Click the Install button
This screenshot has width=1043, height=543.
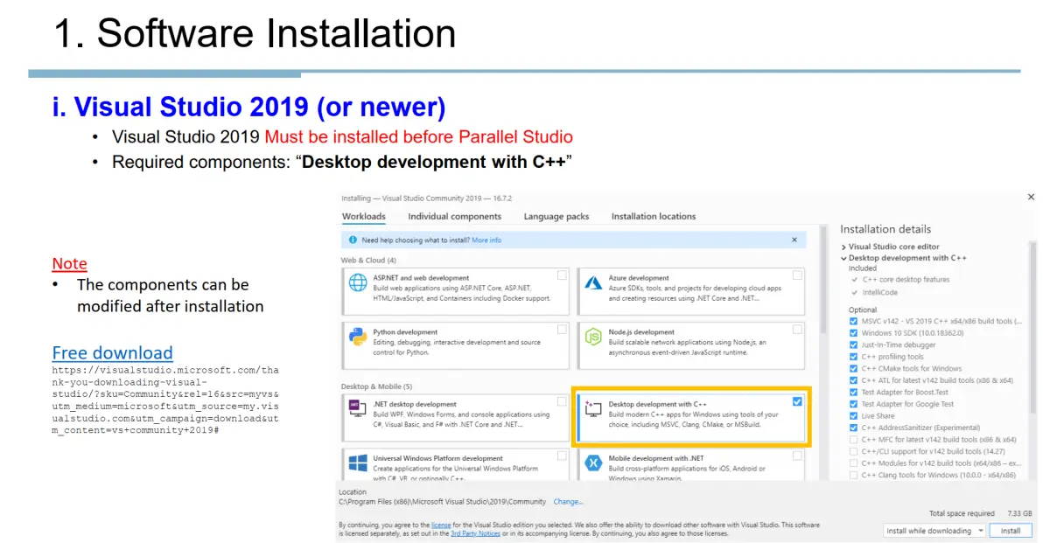1011,531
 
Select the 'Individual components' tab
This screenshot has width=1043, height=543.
454,217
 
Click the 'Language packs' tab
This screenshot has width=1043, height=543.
556,217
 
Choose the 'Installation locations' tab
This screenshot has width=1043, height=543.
654,217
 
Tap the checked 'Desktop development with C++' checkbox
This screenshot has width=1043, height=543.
796,402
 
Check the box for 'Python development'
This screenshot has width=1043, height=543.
562,330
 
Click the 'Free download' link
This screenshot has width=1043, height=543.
112,353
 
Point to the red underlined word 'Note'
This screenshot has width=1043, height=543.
69,264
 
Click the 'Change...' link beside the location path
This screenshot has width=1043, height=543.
568,502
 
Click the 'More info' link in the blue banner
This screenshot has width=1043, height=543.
486,240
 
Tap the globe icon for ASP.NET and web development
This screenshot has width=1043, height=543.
358,283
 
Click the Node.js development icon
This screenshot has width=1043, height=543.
593,337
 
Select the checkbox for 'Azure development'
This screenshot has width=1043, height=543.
797,275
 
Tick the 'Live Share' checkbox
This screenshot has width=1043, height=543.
854,416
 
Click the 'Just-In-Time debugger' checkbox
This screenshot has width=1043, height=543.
854,345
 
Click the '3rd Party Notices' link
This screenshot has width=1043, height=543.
475,533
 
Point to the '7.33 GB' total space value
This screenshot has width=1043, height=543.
1019,513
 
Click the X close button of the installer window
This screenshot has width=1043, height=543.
1031,198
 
